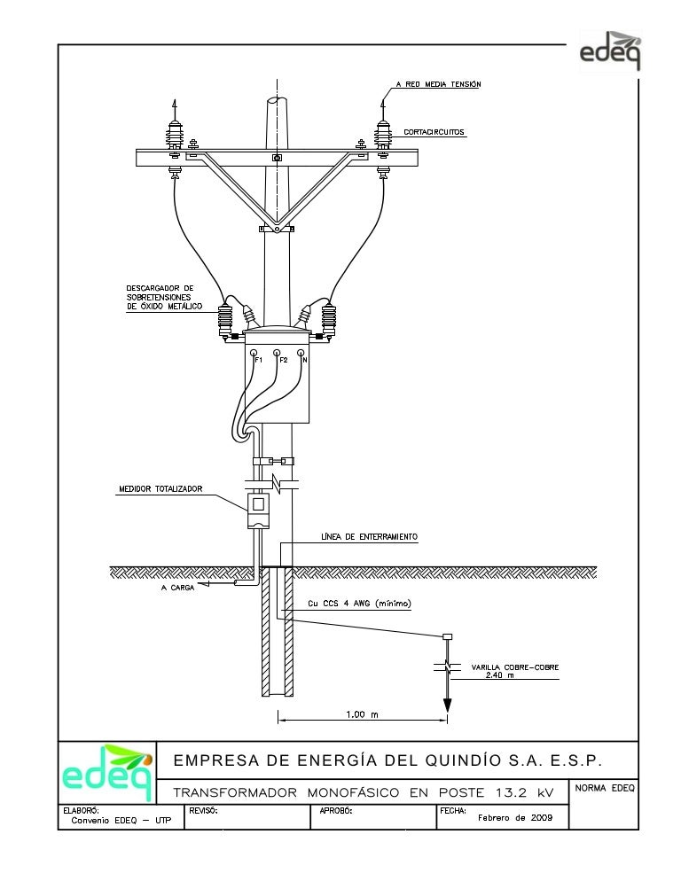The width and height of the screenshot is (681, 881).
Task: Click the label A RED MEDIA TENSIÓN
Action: (438, 84)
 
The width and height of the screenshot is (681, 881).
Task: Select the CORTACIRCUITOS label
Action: (434, 132)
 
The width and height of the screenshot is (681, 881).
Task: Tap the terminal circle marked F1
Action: (254, 352)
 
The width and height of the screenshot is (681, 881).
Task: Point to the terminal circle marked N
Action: (301, 352)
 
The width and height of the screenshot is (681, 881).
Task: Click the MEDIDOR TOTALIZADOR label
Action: (160, 488)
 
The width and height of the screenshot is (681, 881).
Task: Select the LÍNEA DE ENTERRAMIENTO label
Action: (369, 537)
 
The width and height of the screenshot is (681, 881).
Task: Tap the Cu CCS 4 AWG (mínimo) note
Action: (359, 604)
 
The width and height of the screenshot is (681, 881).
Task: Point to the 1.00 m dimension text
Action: (362, 714)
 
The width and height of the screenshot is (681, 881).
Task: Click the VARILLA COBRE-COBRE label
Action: (514, 667)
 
